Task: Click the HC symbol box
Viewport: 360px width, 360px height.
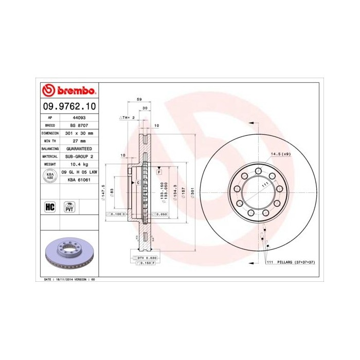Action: coord(50,207)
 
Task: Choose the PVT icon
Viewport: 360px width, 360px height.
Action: coord(68,207)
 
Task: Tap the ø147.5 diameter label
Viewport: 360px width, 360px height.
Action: coord(104,191)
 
